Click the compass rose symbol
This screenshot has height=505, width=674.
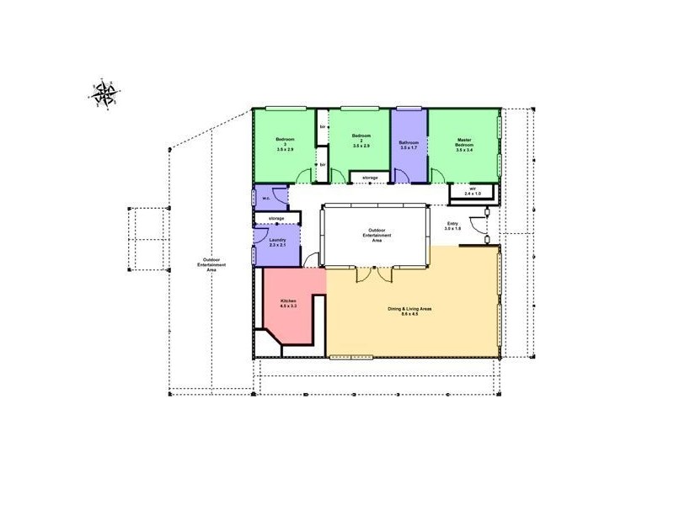coord(106,93)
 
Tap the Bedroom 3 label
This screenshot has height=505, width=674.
coord(284,143)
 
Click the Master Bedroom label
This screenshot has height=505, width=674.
coord(464,143)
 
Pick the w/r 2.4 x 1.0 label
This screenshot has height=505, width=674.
coord(473,190)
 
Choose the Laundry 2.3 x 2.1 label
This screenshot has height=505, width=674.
coord(277,242)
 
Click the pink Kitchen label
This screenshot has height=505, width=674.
coord(287,300)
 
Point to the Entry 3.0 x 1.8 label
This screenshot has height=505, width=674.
coord(452,226)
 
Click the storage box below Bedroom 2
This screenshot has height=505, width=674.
coord(370,178)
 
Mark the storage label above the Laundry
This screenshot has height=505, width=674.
coord(276,219)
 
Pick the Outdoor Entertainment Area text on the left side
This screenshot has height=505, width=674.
coord(209,265)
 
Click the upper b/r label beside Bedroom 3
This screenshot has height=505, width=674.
coord(323,127)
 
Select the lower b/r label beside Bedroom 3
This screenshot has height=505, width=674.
coord(323,164)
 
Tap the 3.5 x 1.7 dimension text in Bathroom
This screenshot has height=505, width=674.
coord(409,148)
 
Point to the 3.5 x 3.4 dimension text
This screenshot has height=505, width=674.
coord(464,151)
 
